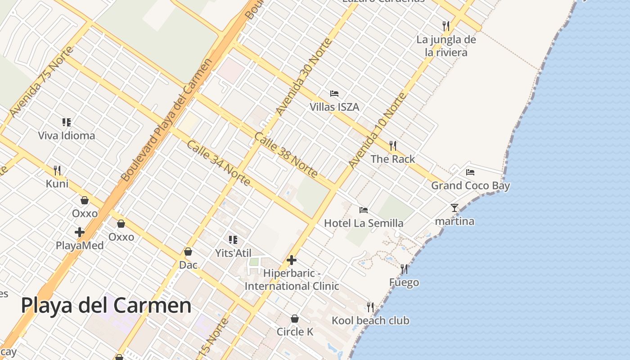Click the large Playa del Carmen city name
click(106, 306)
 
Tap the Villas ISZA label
click(334, 107)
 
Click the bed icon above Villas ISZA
click(334, 94)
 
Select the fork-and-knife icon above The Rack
click(393, 145)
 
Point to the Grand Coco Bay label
click(470, 185)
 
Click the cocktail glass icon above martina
click(454, 208)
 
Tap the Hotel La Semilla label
click(364, 223)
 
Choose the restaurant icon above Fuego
click(404, 269)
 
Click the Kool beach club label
click(370, 320)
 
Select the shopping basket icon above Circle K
click(295, 319)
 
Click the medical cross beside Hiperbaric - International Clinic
click(292, 260)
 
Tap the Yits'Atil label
click(233, 253)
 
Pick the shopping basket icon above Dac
click(188, 252)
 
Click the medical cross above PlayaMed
click(80, 232)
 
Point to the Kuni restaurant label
click(57, 184)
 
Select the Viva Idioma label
click(67, 135)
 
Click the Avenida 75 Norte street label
click(41, 82)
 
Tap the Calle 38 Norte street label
click(286, 154)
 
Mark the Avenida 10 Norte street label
click(378, 130)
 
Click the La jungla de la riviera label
click(446, 46)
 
